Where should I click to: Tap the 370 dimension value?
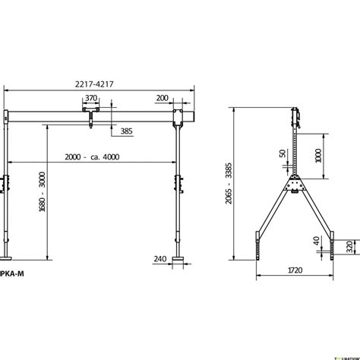tap(92, 99)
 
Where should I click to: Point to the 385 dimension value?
tap(127, 131)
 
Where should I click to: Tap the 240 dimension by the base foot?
tap(159, 259)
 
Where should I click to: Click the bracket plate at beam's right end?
tap(179, 118)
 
